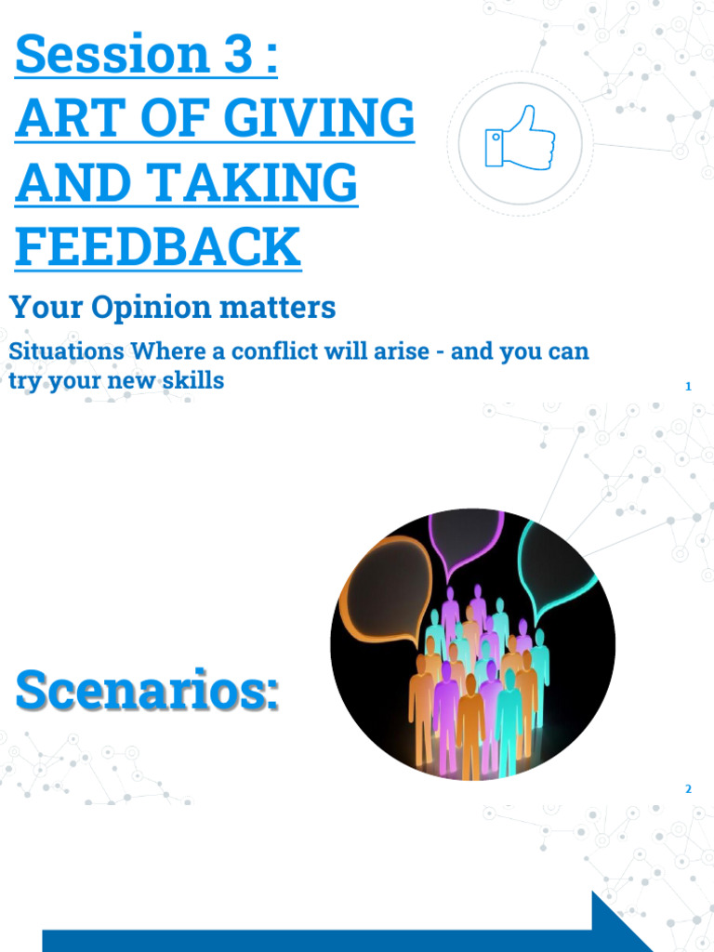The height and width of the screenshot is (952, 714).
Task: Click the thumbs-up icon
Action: tap(520, 140)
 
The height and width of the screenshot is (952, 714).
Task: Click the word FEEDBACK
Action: tap(158, 246)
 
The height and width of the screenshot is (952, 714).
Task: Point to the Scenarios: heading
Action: tap(146, 693)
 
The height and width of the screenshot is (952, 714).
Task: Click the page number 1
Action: tap(688, 386)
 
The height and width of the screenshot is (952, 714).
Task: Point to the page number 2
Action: tap(688, 789)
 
